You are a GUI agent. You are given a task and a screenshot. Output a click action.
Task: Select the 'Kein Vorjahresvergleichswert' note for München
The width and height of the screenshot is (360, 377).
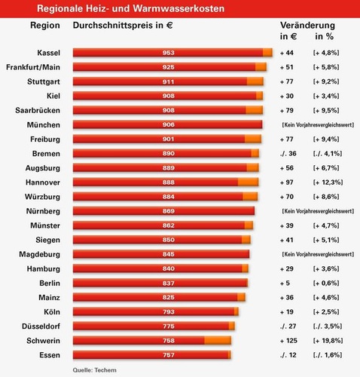pyautogui.click(x=317, y=124)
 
